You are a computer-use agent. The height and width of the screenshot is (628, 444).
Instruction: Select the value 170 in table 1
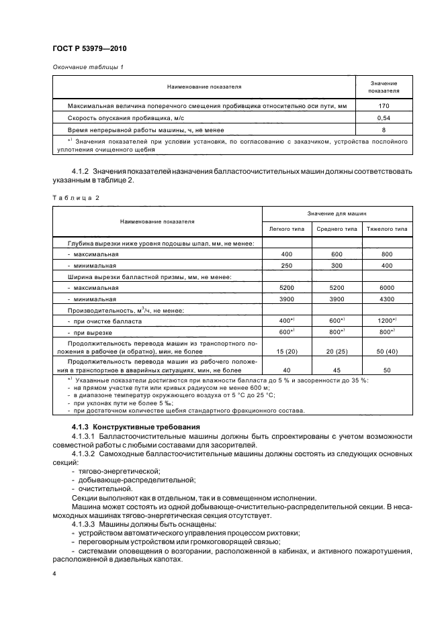point(384,106)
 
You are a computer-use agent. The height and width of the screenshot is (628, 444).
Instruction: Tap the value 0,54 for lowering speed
point(384,118)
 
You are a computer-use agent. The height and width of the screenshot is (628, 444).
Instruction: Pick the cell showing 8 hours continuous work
point(384,129)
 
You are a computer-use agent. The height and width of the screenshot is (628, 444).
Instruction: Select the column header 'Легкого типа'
point(287,229)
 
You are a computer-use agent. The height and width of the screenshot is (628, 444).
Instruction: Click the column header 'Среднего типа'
point(337,229)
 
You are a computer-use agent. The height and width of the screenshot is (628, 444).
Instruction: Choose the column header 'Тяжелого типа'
point(387,229)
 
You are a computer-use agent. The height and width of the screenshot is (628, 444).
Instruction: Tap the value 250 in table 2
point(287,265)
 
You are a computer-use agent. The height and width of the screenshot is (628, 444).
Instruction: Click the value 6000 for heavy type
point(387,287)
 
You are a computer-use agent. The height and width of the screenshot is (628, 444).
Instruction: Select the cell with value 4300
point(387,299)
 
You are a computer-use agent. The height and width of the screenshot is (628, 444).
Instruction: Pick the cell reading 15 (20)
point(287,352)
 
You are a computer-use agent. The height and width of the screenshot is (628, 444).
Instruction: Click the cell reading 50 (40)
point(387,352)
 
